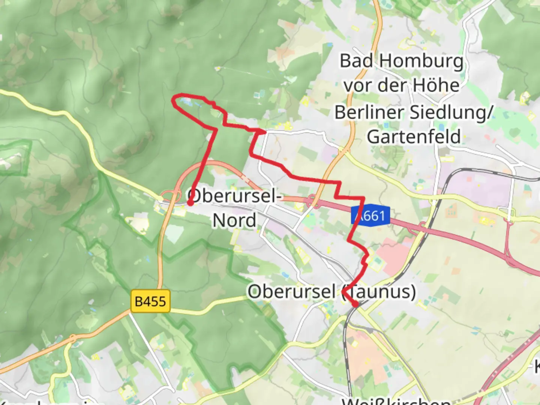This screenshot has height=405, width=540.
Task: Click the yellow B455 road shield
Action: coord(150,301)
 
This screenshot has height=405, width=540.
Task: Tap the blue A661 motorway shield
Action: coord(370,216)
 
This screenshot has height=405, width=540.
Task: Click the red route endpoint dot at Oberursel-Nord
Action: coord(190,203)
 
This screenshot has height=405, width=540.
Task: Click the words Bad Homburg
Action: coord(401,61)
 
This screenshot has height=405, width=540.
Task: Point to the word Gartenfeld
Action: coord(414,136)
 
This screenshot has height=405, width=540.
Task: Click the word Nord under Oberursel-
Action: coord(234,220)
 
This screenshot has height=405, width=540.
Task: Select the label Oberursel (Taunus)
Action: coord(331,291)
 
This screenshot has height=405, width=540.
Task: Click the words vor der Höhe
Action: coord(401,85)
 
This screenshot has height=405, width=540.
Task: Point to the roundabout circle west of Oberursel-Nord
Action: coord(167,196)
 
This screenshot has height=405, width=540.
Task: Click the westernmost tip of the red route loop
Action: coord(173,100)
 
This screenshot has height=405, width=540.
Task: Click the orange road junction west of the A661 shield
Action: coord(313,203)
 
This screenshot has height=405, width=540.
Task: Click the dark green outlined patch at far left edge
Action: coord(15,157)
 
